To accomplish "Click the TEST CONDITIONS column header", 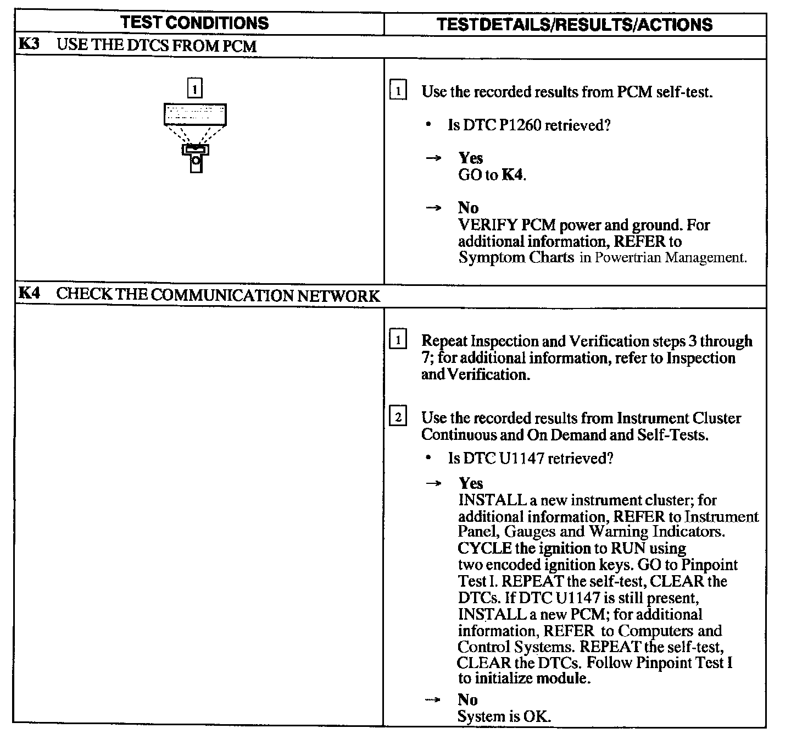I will (194, 23).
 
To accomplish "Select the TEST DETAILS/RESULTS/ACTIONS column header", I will (575, 25).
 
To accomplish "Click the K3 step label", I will (29, 44).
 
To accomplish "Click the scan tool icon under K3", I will (195, 137).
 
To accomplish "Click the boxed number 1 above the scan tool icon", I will (195, 89).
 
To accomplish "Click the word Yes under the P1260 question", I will (471, 158).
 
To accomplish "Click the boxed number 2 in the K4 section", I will (398, 418).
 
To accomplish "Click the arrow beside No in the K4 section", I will (433, 700).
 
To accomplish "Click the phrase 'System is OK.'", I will (504, 716).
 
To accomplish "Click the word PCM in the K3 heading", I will (239, 45).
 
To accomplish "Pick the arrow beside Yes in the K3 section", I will (433, 158).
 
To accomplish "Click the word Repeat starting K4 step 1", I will (444, 341).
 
